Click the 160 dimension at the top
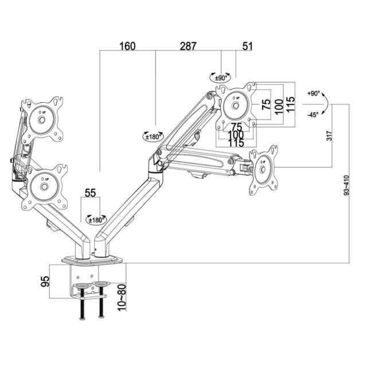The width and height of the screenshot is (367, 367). coord(127,46)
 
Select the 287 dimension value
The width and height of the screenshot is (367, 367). coord(188,46)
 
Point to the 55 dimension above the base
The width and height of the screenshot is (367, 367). coord(90,193)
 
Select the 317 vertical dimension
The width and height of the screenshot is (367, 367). coord(329,136)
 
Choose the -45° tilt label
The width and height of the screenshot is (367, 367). coord(313,115)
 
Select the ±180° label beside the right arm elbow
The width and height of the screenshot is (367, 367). coord(153,136)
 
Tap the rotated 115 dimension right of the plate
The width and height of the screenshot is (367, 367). coord(291,104)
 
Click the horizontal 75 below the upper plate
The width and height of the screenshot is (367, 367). coord(236,127)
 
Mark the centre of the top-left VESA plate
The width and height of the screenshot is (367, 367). coord(41,120)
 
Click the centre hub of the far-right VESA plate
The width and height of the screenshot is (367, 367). coord(263,169)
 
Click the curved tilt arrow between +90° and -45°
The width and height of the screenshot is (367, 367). coord(325,104)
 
